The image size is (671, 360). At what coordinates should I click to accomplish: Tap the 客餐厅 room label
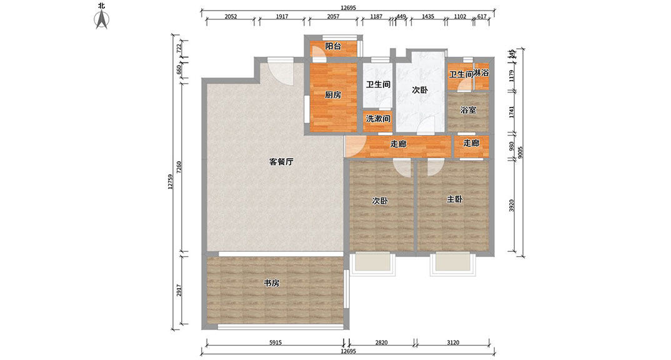coord(281,161)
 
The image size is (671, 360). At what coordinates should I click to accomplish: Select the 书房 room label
coord(271,283)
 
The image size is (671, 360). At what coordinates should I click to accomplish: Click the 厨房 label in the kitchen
coord(332,96)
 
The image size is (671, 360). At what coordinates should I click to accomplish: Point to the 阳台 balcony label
coord(334,46)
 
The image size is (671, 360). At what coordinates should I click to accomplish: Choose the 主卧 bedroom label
coord(454,199)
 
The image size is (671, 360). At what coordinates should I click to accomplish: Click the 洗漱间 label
coord(378,118)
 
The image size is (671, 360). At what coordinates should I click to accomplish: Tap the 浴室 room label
coord(469,110)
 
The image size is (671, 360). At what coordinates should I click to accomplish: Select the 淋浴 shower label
coord(480,73)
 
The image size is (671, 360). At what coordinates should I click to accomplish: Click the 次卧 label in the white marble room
coord(420,90)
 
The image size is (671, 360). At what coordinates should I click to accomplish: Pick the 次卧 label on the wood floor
coord(380,201)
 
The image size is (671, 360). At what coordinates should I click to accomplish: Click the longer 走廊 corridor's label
coord(398,144)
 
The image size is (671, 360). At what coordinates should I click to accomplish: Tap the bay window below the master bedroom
coord(452,264)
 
